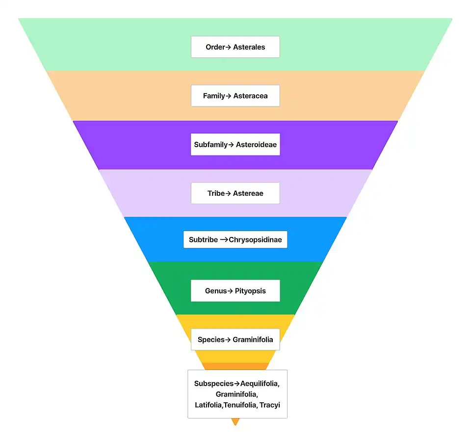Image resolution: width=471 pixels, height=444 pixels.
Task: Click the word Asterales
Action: [249, 47]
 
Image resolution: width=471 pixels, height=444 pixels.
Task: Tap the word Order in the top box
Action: [215, 47]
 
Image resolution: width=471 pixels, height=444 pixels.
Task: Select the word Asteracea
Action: [250, 96]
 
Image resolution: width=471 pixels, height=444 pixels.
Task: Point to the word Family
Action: [214, 96]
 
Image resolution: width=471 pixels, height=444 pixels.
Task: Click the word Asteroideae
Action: [256, 145]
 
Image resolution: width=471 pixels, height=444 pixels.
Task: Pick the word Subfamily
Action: [211, 145]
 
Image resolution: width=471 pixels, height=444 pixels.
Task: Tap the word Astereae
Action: [248, 193]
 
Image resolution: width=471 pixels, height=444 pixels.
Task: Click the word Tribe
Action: [216, 193]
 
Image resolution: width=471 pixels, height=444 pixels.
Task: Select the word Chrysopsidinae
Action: [255, 240]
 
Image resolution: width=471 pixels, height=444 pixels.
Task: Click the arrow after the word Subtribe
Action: [224, 240]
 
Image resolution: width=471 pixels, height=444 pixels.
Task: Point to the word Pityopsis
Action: [250, 291]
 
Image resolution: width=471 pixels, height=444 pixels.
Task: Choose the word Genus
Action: [216, 291]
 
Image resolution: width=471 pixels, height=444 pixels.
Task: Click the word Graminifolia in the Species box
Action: [253, 340]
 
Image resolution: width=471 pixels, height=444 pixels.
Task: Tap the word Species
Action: [211, 340]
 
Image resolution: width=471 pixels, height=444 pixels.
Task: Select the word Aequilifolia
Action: [260, 384]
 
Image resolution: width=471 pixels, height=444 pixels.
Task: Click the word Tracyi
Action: [270, 405]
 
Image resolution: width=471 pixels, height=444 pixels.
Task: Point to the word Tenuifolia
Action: [240, 405]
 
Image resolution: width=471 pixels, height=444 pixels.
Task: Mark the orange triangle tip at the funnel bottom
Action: [235, 425]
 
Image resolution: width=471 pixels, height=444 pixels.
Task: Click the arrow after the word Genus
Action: [230, 291]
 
